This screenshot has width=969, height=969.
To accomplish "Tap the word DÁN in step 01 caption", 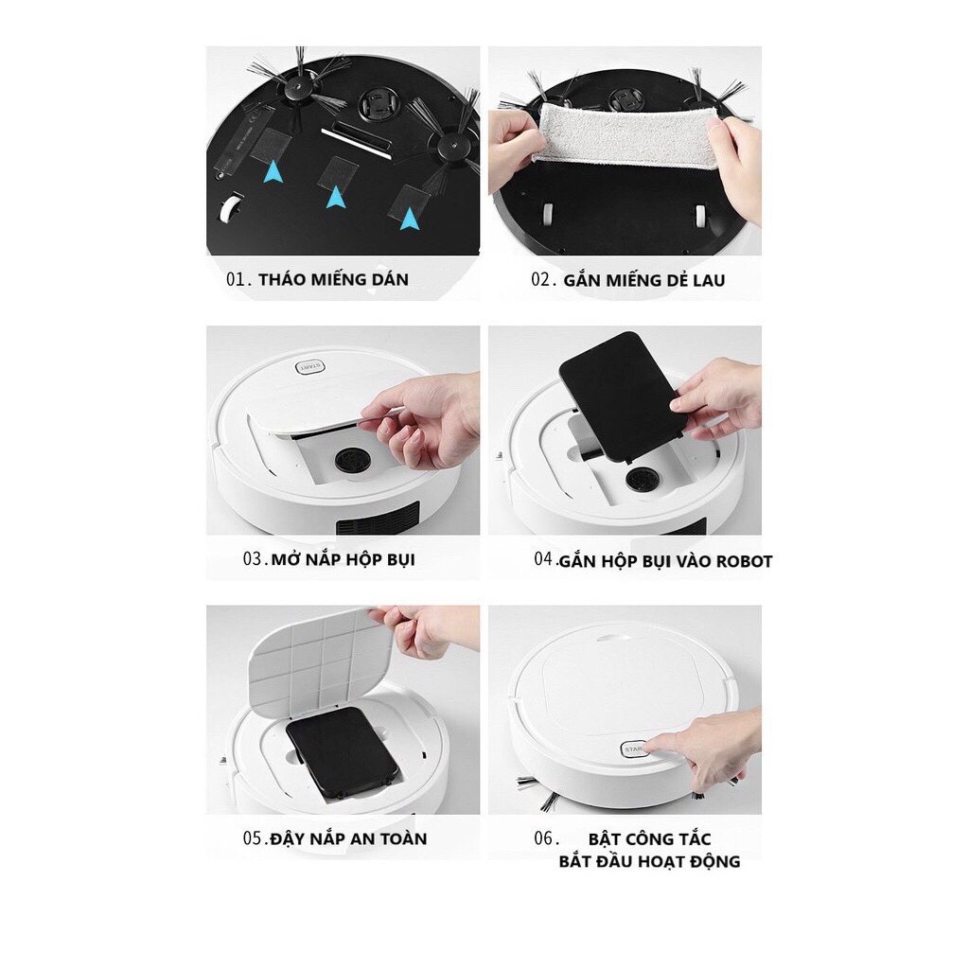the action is tap(390, 279).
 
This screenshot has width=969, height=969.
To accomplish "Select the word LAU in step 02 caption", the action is tap(708, 280).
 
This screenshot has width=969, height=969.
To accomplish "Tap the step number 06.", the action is tap(544, 838).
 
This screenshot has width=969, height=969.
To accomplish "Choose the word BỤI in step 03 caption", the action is tap(400, 560).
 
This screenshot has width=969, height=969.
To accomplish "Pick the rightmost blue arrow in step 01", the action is tap(409, 219).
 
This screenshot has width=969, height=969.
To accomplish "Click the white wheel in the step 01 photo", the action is tap(230, 208).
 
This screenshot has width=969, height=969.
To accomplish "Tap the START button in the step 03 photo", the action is tap(310, 367).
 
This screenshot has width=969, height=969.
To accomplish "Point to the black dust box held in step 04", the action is tap(622, 396).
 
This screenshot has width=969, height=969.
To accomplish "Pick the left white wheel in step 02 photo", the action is tap(548, 215).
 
